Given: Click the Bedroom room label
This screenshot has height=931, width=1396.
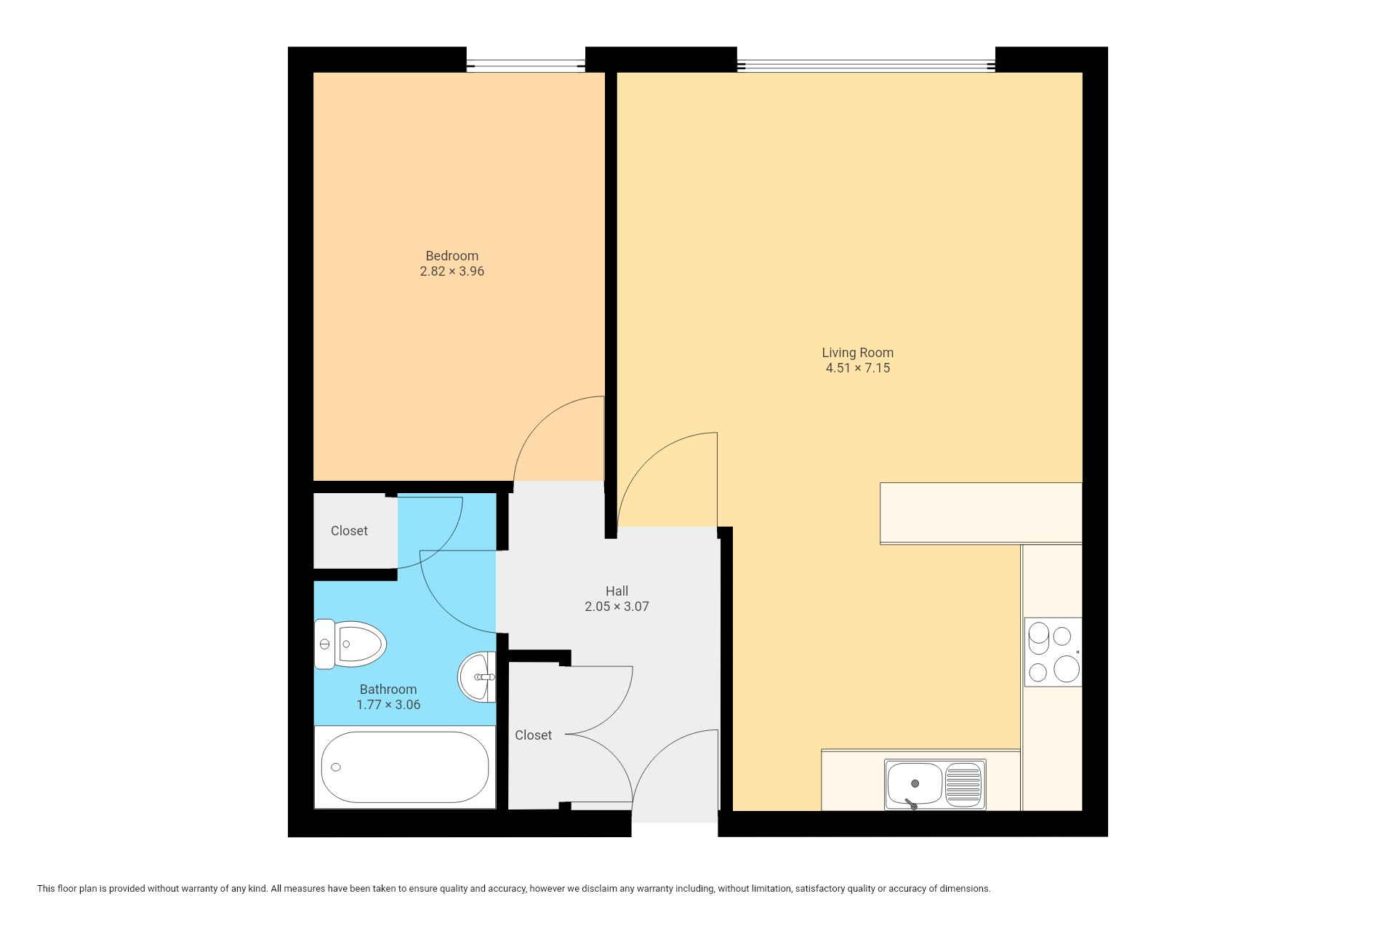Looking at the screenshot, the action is tap(452, 256).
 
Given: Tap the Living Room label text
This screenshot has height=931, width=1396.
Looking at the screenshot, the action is tap(857, 353).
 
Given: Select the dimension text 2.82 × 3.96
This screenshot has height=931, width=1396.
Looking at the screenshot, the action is tap(452, 271).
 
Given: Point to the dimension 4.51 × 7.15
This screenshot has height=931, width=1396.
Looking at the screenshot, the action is tap(857, 368).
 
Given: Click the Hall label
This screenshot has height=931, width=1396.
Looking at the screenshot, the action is tap(617, 591).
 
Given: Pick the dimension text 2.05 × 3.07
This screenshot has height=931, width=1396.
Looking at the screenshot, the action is tap(617, 607).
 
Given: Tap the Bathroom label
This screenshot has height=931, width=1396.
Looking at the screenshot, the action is tap(388, 690).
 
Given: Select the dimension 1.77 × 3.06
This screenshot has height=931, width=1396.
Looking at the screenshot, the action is tap(388, 705).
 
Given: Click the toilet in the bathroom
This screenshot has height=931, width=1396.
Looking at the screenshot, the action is tap(350, 644).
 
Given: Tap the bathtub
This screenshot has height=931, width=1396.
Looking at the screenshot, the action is tap(405, 767).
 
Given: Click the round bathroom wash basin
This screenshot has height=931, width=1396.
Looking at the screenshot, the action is tap(477, 676).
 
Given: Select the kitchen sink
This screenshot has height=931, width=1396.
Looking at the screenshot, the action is tap(935, 784).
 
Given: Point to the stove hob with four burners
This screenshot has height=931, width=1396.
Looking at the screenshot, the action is tap(1053, 652).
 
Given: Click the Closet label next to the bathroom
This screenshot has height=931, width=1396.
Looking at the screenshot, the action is tap(349, 531).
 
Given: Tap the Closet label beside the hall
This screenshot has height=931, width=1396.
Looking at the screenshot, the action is tap(533, 735).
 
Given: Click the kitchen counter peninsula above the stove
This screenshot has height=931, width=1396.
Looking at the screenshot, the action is tap(981, 513).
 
